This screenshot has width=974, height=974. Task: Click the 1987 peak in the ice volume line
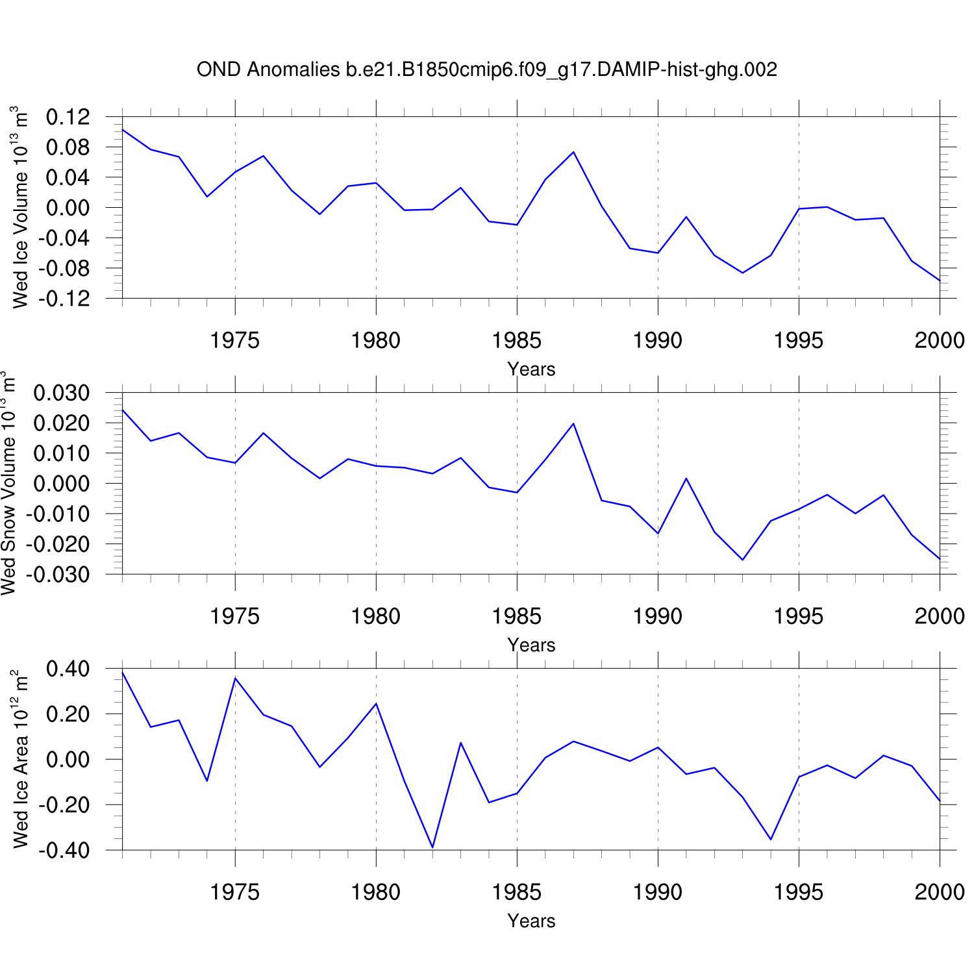(x=573, y=152)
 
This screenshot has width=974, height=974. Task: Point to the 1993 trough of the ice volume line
(x=743, y=273)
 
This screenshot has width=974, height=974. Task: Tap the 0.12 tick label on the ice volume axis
(x=68, y=118)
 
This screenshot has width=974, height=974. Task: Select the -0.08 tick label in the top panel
(x=64, y=268)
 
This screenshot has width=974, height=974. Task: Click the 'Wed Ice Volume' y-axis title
(x=20, y=207)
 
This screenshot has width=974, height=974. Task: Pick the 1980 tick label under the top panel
(x=376, y=340)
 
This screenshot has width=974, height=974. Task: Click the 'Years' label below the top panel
(x=531, y=369)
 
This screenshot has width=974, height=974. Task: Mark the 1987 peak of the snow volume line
(x=573, y=423)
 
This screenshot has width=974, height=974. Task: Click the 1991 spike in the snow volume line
(x=686, y=479)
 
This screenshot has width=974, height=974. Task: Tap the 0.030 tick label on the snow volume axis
(x=61, y=393)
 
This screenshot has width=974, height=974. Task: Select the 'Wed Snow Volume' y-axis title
(x=8, y=483)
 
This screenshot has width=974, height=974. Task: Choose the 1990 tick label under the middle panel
(x=658, y=616)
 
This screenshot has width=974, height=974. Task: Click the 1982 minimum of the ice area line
(x=432, y=847)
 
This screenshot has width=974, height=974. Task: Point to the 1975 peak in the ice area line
(x=235, y=678)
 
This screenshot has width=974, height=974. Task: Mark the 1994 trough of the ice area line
(x=771, y=840)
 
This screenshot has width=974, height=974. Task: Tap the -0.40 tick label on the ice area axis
(x=64, y=851)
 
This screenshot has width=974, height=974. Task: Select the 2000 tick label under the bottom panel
(x=940, y=892)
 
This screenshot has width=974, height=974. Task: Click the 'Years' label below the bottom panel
(x=531, y=921)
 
